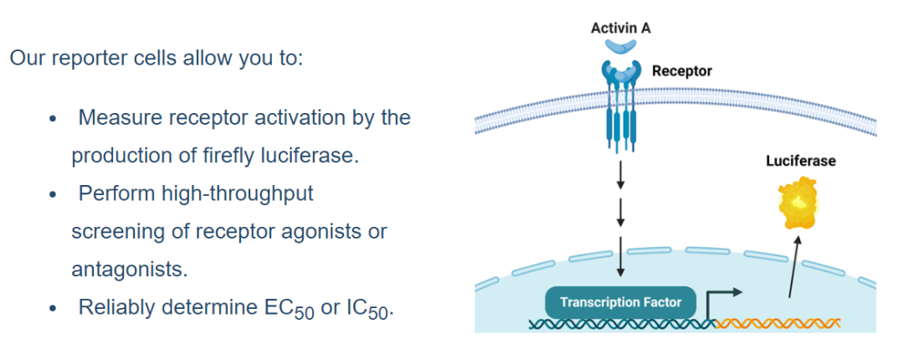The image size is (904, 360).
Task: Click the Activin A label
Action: click(x=620, y=28)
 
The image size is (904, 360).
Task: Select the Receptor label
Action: click(x=682, y=71)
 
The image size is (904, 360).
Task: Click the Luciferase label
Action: click(x=800, y=161)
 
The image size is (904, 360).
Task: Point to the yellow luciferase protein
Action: click(x=799, y=204)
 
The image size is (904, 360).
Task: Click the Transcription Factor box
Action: click(x=620, y=302)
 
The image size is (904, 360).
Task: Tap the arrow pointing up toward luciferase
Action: click(x=794, y=266)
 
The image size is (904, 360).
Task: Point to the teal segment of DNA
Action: click(x=622, y=324)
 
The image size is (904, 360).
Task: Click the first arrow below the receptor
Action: click(x=620, y=175)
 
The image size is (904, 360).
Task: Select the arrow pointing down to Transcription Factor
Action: click(x=620, y=256)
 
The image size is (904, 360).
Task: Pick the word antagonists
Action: click(x=130, y=270)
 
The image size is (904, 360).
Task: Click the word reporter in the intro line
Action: click(x=90, y=59)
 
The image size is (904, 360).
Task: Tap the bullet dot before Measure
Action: click(x=53, y=119)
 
